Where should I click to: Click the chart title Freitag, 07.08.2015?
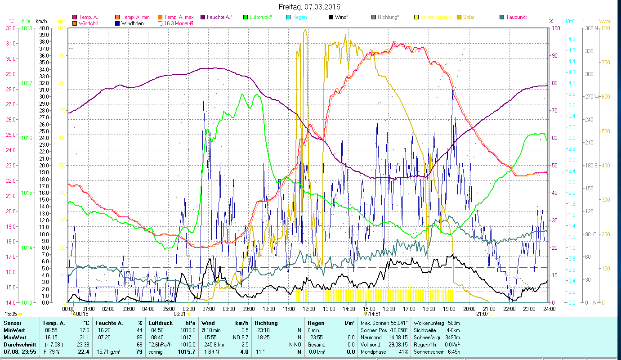point(309,7)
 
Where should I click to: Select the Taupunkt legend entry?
point(516,17)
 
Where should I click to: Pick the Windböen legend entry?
point(132,23)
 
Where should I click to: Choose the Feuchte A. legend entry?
point(219,17)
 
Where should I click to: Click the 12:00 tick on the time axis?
point(309,309)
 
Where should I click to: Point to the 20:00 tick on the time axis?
point(469,309)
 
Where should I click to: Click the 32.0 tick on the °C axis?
point(11,28)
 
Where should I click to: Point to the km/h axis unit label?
point(41,21)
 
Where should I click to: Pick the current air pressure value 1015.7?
point(186,351)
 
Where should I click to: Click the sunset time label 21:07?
point(483,314)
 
